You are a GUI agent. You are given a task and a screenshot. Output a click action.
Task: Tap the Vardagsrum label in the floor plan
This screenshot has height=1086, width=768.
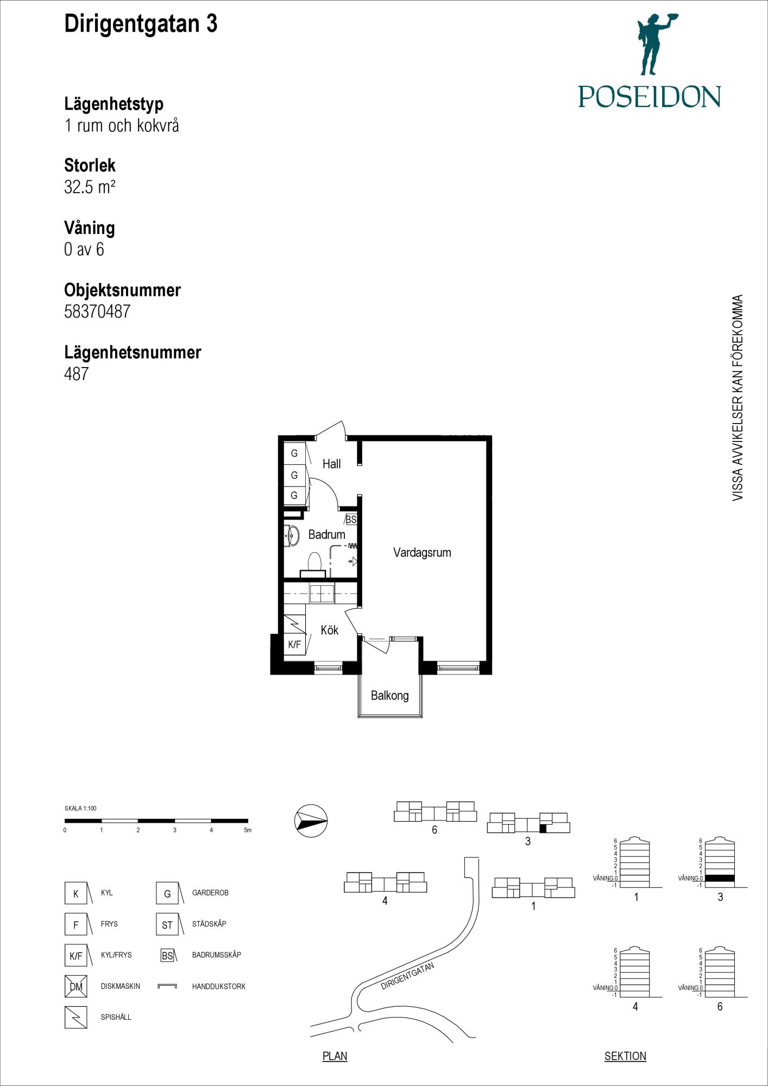pyautogui.click(x=422, y=553)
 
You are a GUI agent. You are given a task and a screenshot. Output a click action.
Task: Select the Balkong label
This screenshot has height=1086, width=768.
pyautogui.click(x=389, y=696)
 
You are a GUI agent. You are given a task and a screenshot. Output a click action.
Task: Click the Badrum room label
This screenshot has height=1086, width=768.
pyautogui.click(x=326, y=534)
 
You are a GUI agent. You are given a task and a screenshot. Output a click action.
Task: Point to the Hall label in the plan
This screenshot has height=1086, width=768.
pyautogui.click(x=331, y=464)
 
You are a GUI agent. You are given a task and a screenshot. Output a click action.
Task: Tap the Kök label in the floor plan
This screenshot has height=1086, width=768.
pyautogui.click(x=329, y=630)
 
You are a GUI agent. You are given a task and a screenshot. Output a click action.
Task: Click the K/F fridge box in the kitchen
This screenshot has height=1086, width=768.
pyautogui.click(x=294, y=645)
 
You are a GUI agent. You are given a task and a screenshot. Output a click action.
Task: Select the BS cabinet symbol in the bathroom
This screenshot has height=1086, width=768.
pyautogui.click(x=351, y=520)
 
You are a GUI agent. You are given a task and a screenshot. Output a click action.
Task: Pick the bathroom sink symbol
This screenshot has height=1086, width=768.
pyautogui.click(x=292, y=535)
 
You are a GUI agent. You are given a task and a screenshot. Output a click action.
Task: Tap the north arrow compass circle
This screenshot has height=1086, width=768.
pyautogui.click(x=311, y=820)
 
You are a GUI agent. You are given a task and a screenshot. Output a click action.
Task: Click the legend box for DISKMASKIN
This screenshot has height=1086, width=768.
pyautogui.click(x=75, y=986)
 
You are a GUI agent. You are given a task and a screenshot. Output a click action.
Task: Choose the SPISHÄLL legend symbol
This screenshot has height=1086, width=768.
pyautogui.click(x=75, y=1017)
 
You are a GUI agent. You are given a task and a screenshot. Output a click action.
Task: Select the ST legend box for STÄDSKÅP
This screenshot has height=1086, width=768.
pyautogui.click(x=167, y=924)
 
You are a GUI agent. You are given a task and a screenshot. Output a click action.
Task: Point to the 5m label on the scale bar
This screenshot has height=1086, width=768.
pyautogui.click(x=248, y=830)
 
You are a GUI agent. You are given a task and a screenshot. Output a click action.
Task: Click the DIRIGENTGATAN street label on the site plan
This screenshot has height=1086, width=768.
pyautogui.click(x=407, y=976)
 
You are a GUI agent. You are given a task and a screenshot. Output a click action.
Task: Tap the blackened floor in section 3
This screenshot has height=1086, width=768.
pyautogui.click(x=720, y=878)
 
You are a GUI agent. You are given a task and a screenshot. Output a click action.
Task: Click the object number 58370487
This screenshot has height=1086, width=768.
pyautogui.click(x=97, y=311)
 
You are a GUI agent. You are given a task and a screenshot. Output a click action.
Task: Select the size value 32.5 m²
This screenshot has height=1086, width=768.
pyautogui.click(x=90, y=187)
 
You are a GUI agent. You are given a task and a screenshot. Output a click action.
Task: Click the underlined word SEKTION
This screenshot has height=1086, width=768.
pyautogui.click(x=625, y=1056)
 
